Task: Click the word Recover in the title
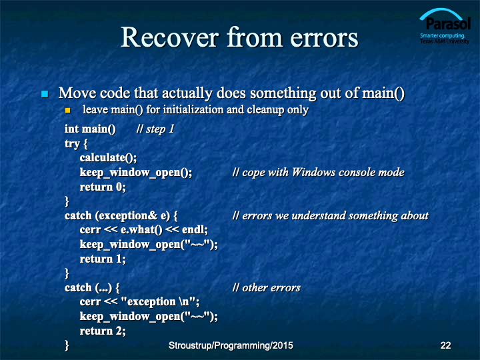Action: coord(170,37)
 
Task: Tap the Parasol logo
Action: coord(445,26)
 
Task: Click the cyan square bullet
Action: coord(45,94)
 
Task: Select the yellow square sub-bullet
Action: coord(67,110)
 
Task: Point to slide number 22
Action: coord(445,345)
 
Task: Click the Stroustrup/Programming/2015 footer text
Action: coord(231,345)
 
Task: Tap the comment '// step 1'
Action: coord(155,129)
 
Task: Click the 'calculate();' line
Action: coord(109,157)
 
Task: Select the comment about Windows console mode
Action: coord(319,173)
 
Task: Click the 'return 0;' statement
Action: coord(103,187)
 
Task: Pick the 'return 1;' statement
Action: coord(103,259)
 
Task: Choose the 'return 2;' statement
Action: coord(103,331)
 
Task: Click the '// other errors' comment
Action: coord(266,288)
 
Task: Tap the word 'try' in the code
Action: coord(72,143)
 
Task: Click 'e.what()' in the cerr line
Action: coord(141,230)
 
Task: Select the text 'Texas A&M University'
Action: coord(445,41)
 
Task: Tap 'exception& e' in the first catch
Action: coord(133,216)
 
